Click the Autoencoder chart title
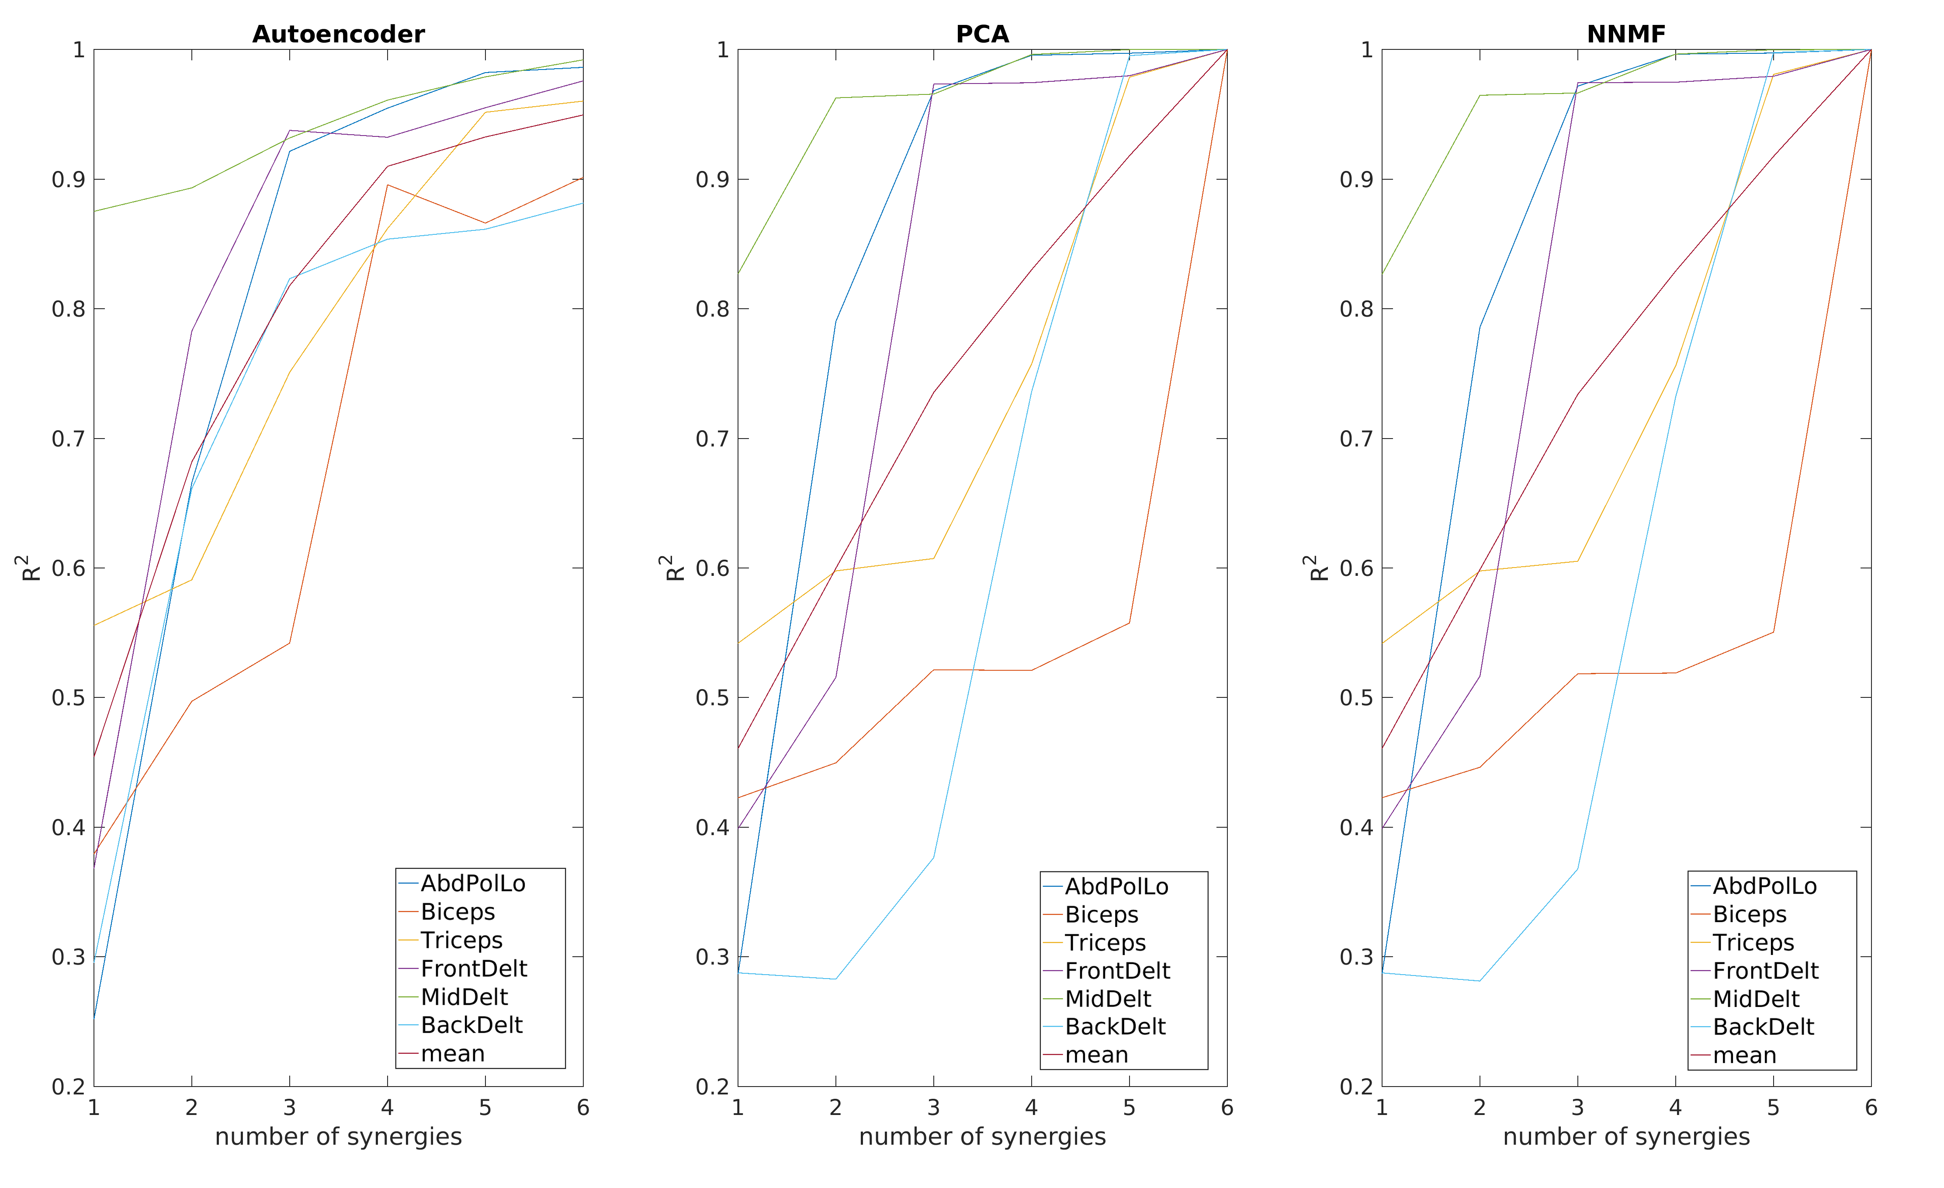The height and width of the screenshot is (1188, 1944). coord(339,34)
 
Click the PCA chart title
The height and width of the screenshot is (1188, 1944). coord(982,34)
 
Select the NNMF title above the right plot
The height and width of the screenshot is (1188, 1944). coord(1626,34)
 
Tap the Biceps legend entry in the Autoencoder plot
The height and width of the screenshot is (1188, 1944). coord(457,912)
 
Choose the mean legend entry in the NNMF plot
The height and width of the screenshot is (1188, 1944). coord(1744,1056)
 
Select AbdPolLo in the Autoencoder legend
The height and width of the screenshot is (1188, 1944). coord(473,883)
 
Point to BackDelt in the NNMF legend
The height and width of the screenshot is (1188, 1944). coord(1764,1027)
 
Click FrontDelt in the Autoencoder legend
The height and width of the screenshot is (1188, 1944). coord(473,969)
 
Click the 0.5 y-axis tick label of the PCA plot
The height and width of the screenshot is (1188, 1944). coord(712,698)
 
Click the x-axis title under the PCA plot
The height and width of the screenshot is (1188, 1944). coord(982,1137)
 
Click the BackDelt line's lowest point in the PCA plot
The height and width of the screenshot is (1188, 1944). coord(835,979)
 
